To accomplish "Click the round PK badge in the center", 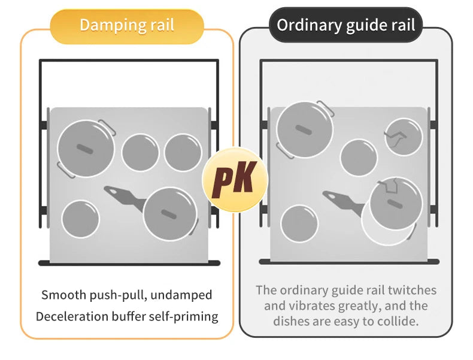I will (235, 180).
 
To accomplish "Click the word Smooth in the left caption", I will (61, 295).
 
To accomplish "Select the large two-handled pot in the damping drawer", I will (86, 148).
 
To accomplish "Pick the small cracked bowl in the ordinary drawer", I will (403, 137).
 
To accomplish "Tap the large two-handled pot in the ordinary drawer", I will (305, 130).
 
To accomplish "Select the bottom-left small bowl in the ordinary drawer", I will (299, 223).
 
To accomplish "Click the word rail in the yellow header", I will (160, 25).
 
